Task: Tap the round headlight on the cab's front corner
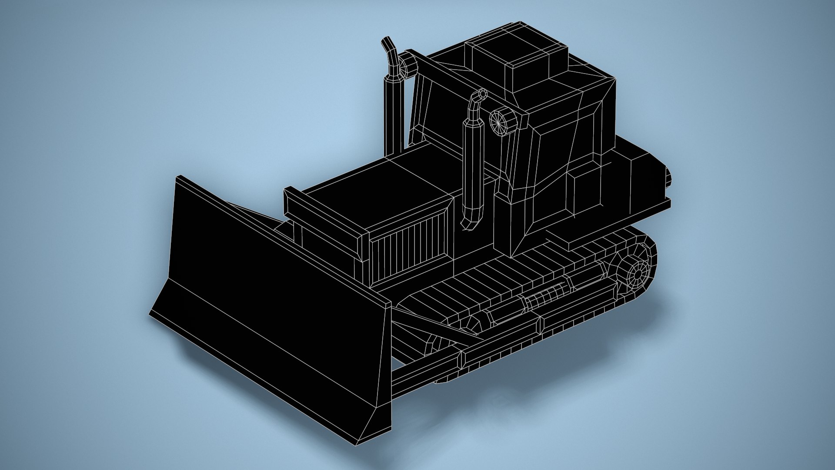pos(501,121)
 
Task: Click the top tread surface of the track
pos(500,279)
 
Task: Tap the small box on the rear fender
pos(587,191)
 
